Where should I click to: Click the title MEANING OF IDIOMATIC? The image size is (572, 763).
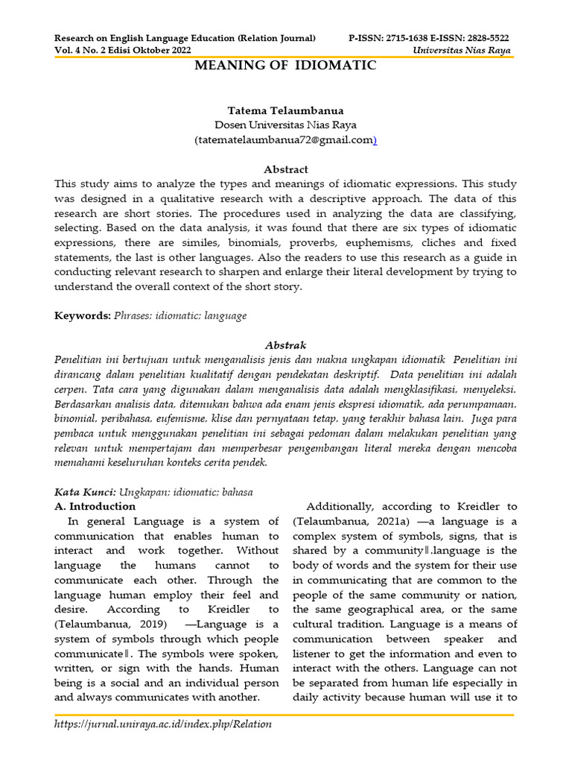[285, 66]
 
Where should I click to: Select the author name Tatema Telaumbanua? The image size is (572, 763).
[285, 110]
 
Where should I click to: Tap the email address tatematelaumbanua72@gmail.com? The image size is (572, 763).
[285, 139]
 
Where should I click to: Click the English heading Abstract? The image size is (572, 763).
[286, 169]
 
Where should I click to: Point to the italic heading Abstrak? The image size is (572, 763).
[286, 345]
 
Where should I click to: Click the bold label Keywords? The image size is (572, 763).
[83, 316]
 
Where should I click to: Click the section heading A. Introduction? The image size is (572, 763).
[95, 507]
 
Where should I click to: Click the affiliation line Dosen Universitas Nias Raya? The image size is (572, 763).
[285, 124]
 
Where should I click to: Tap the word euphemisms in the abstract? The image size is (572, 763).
[372, 243]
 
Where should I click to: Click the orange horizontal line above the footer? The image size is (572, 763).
[285, 715]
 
